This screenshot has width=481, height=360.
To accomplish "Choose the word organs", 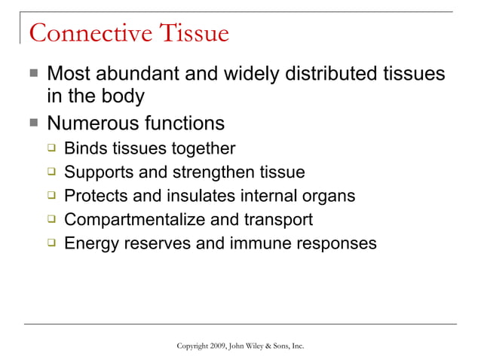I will [328, 196].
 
